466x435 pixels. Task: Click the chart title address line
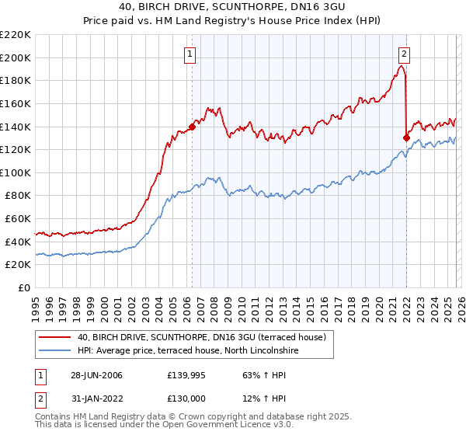coord(233,7)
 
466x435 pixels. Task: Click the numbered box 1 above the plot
coord(190,54)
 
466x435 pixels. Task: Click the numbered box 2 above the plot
coord(405,54)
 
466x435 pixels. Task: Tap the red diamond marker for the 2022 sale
coord(406,137)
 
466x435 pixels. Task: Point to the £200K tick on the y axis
coord(16,57)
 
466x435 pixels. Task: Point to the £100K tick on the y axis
coord(16,172)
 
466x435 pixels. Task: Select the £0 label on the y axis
coord(25,287)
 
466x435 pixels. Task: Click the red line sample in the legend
coord(55,337)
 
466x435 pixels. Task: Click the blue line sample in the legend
coord(55,351)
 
